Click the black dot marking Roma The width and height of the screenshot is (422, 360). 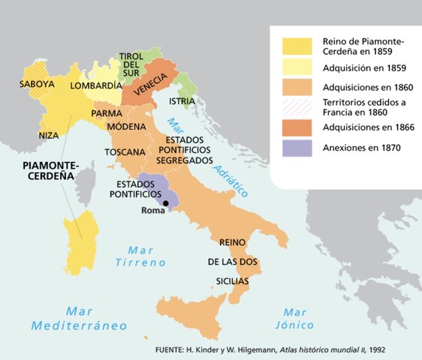(x=155, y=203)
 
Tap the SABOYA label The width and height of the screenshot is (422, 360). (x=38, y=84)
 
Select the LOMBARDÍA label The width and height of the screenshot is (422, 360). (x=95, y=85)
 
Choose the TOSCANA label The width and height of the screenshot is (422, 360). (x=125, y=152)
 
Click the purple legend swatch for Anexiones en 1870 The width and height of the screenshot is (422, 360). (x=297, y=148)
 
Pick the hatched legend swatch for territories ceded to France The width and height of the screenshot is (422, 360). (x=297, y=106)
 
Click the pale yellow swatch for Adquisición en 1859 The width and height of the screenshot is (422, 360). (x=297, y=65)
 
